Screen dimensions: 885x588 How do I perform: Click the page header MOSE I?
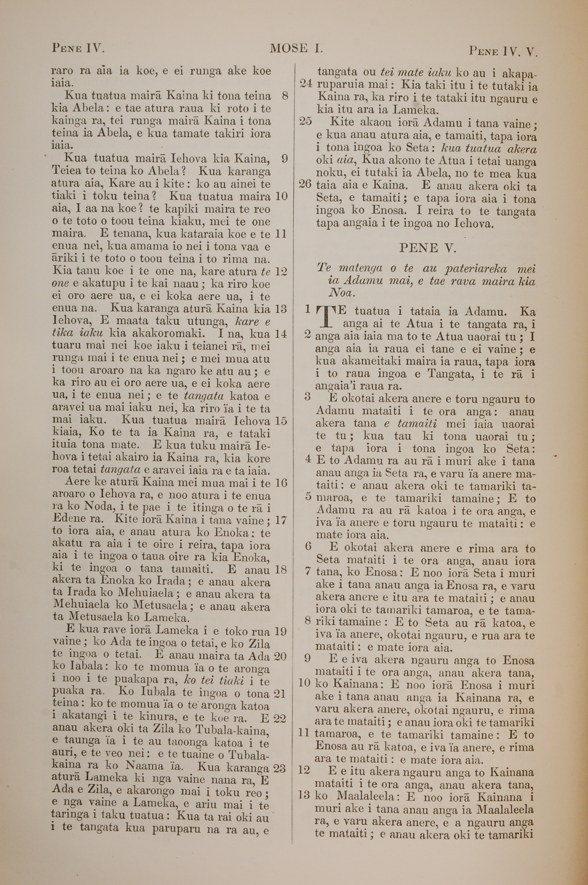296,48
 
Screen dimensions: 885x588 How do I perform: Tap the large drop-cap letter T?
325,316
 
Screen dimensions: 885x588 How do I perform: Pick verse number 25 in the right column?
306,122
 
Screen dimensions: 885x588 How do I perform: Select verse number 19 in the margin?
281,631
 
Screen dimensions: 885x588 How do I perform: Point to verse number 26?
306,184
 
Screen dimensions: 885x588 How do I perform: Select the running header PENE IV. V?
502,50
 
